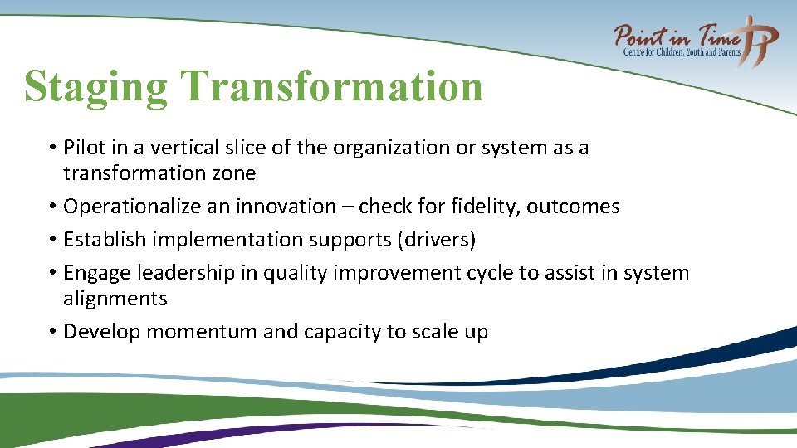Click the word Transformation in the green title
pyautogui.click(x=331, y=85)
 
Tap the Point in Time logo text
pyautogui.click(x=677, y=37)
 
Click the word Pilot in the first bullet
pyautogui.click(x=86, y=148)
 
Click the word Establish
pyautogui.click(x=101, y=240)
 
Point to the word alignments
pyautogui.click(x=115, y=299)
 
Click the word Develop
pyautogui.click(x=98, y=332)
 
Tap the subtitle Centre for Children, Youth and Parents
pyautogui.click(x=682, y=52)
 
